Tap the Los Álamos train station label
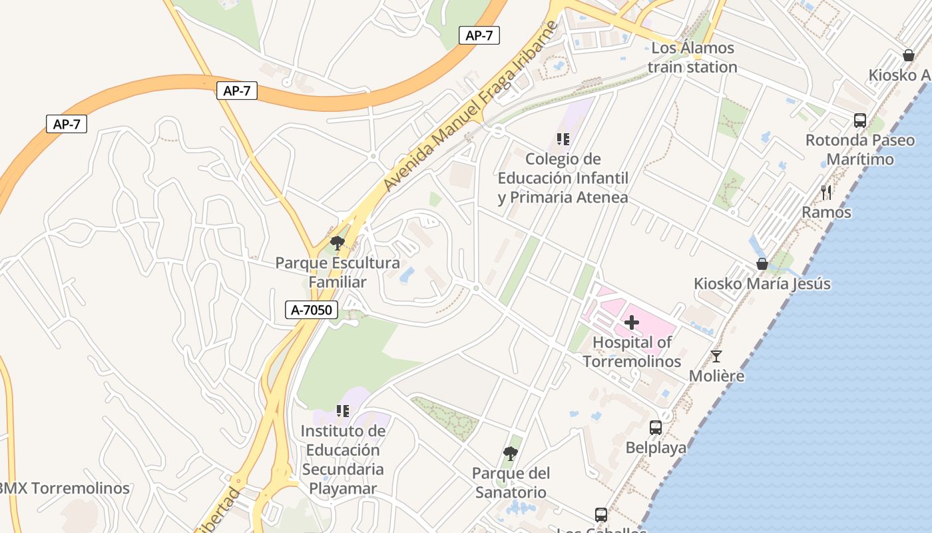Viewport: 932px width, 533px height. point(692,57)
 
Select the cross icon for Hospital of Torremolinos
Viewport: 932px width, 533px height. point(631,323)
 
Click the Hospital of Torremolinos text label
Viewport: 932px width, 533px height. point(632,352)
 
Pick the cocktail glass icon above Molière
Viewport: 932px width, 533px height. point(716,356)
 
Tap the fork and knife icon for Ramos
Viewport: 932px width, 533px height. point(826,193)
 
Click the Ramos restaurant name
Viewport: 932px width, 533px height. point(826,213)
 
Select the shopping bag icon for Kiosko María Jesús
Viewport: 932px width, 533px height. point(762,264)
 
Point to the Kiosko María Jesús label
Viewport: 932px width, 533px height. point(762,284)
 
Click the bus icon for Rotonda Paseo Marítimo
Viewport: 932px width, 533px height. point(860,121)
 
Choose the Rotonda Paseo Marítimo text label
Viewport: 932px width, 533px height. point(860,150)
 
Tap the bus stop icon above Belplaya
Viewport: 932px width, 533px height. point(656,428)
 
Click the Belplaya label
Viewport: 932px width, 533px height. point(656,448)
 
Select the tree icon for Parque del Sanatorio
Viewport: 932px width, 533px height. point(511,454)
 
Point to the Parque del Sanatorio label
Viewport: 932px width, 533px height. point(510,483)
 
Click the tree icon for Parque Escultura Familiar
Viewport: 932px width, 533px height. point(338,243)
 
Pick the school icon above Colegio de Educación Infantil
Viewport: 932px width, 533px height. point(563,139)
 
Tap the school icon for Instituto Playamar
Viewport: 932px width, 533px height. point(343,411)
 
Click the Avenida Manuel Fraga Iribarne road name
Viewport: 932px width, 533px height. point(469,107)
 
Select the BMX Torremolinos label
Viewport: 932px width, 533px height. point(64,488)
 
